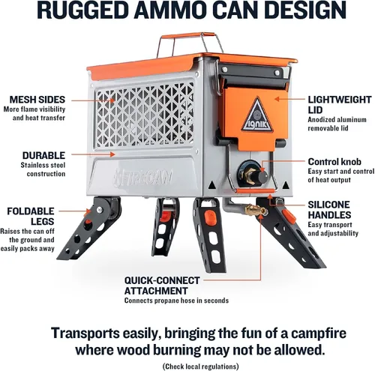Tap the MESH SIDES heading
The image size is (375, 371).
(37, 100)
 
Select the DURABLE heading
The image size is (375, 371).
(43, 155)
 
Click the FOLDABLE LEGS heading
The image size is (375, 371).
(31, 216)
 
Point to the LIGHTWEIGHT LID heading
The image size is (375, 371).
(340, 105)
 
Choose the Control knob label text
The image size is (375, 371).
(334, 162)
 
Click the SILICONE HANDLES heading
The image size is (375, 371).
(329, 210)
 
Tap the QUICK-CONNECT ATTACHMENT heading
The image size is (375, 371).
(162, 286)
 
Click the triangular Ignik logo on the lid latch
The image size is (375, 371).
(257, 115)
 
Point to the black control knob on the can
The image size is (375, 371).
(260, 176)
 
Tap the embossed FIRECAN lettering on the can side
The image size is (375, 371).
(143, 178)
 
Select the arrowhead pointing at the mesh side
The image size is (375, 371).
(112, 100)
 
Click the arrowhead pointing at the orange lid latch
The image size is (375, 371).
(277, 99)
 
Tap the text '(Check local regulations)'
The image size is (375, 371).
(201, 367)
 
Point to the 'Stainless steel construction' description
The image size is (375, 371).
(43, 169)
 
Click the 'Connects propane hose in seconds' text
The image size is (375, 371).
(176, 301)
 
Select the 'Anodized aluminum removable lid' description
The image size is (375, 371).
(337, 124)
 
